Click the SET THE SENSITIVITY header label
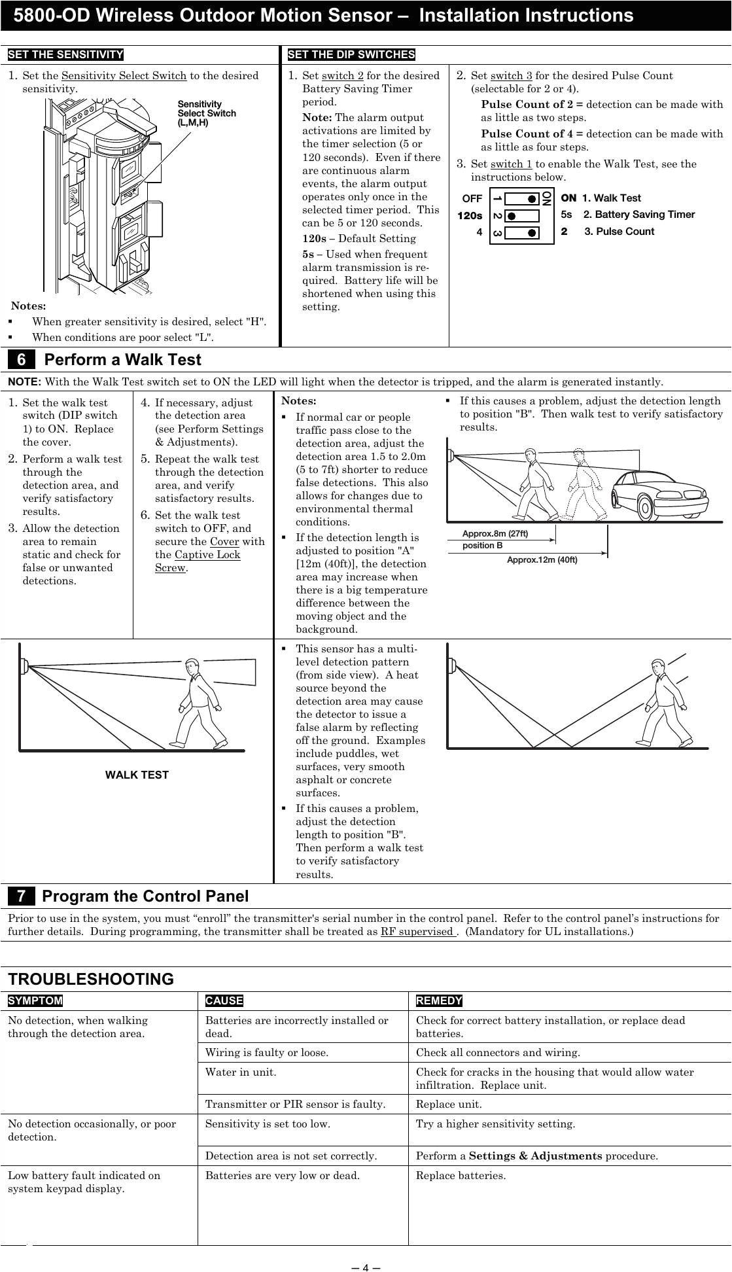(65, 54)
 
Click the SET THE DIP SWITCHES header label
(351, 54)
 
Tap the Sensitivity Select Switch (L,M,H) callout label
(207, 113)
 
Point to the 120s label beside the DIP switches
(470, 215)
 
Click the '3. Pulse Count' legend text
(619, 232)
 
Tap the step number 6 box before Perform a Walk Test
(22, 360)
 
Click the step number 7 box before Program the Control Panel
(22, 896)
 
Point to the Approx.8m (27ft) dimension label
(495, 533)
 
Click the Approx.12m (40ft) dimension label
(542, 559)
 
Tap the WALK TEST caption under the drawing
(137, 775)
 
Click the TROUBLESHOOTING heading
(91, 980)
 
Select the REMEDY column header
(439, 1000)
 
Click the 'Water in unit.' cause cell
(241, 1072)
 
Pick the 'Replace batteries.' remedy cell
(461, 1175)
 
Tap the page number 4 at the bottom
(366, 1267)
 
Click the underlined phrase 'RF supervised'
(417, 931)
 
